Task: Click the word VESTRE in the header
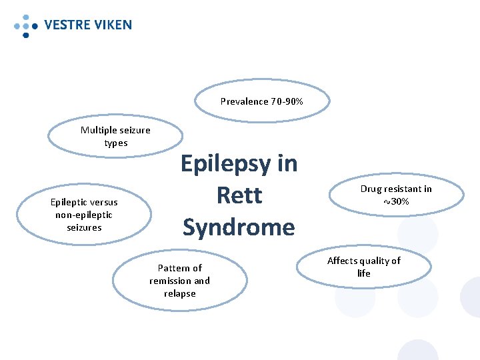pyautogui.click(x=67, y=25)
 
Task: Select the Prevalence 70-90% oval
pyautogui.click(x=262, y=102)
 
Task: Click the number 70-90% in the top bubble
pyautogui.click(x=287, y=102)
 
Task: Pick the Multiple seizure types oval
pyautogui.click(x=115, y=136)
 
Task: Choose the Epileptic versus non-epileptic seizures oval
pyautogui.click(x=84, y=215)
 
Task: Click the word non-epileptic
pyautogui.click(x=84, y=215)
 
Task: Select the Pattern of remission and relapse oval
pyautogui.click(x=179, y=281)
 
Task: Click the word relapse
pyautogui.click(x=179, y=293)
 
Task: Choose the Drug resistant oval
pyautogui.click(x=396, y=195)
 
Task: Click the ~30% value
pyautogui.click(x=396, y=201)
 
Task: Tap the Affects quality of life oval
pyautogui.click(x=364, y=267)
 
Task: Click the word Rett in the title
pyautogui.click(x=239, y=195)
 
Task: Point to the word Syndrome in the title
pyautogui.click(x=239, y=227)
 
